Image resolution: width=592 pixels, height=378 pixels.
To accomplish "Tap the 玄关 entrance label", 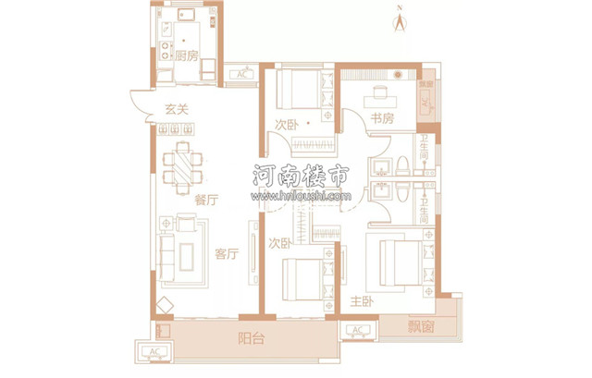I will pyautogui.click(x=177, y=110).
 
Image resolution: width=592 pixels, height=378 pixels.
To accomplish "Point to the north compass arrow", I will pyautogui.click(x=400, y=21).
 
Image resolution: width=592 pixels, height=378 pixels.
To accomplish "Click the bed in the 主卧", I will pyautogui.click(x=399, y=263).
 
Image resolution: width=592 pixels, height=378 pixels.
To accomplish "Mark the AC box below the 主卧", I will pyautogui.click(x=358, y=330).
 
